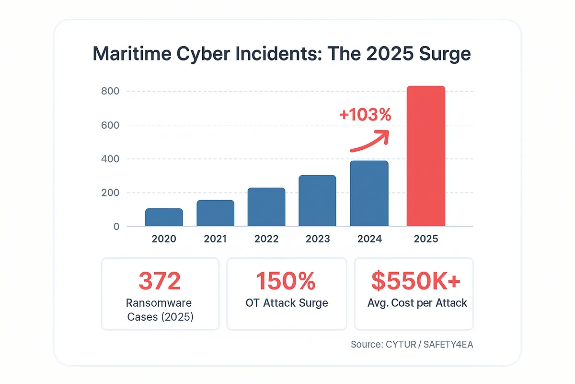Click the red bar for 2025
tap(426, 156)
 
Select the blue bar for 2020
tap(164, 217)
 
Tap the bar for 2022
tap(266, 207)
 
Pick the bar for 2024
tap(369, 193)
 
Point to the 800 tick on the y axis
tap(110, 91)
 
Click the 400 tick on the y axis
tap(110, 159)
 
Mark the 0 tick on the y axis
tap(116, 227)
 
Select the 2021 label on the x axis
tap(215, 239)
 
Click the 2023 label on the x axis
tap(317, 239)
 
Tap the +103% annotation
tap(365, 115)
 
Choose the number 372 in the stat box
tap(160, 281)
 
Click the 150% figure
tap(286, 281)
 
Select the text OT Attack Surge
tap(286, 303)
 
